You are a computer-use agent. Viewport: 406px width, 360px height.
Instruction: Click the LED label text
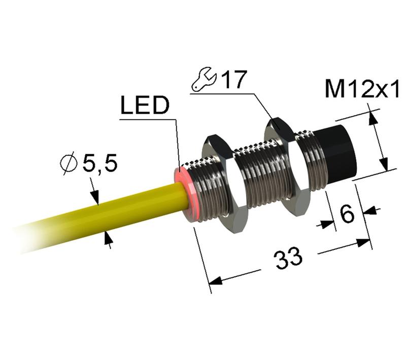point(144,105)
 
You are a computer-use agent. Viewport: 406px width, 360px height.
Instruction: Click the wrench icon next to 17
point(204,82)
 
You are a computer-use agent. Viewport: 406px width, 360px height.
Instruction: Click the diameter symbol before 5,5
point(68,163)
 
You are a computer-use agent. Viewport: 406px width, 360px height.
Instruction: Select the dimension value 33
point(288,259)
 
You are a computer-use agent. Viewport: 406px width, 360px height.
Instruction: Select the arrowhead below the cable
point(108,238)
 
